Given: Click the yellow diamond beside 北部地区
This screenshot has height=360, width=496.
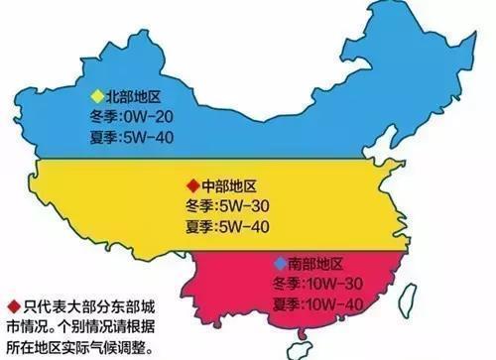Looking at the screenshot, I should tap(95, 96).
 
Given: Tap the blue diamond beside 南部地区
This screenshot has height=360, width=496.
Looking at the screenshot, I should tap(277, 264).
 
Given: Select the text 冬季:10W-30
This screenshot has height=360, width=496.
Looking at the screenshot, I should tap(316, 284).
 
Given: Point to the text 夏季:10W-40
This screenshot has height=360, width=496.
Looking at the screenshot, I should tap(316, 302).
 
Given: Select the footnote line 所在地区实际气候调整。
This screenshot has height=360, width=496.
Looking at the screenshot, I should tap(84, 346).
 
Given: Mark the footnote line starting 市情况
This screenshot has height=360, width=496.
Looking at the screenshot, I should tap(84, 326).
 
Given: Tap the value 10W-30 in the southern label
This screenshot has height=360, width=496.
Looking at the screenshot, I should tap(335, 284).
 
